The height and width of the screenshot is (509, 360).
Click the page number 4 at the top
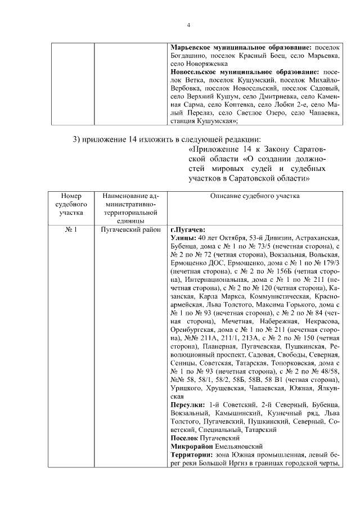click(189, 25)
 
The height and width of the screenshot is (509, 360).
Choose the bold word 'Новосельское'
click(195, 72)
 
